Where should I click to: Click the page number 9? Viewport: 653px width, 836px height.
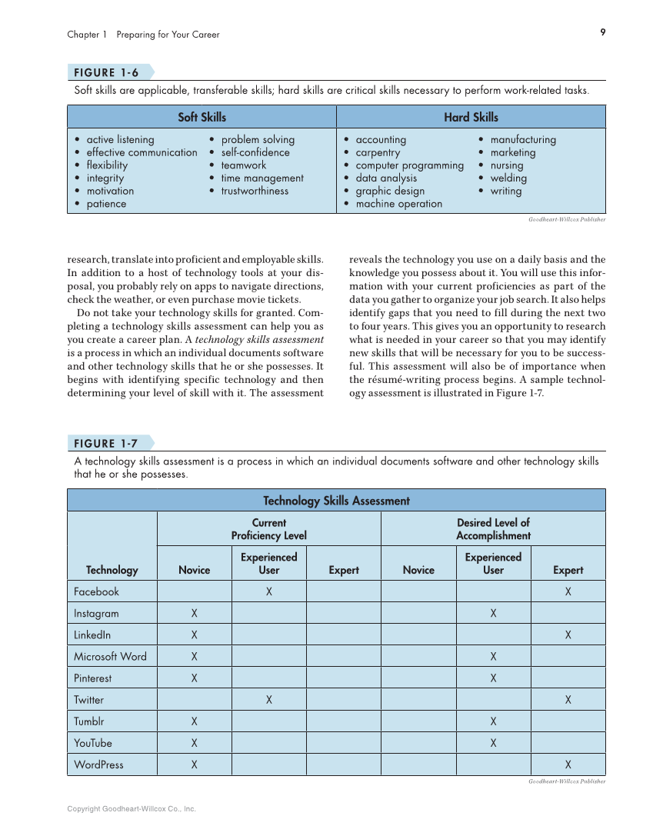(x=603, y=32)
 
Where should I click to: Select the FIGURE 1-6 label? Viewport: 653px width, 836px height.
(x=106, y=73)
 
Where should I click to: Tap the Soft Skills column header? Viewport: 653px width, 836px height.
(x=202, y=117)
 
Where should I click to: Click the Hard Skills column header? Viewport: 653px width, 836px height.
(x=471, y=117)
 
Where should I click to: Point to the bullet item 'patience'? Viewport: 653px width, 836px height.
(x=106, y=204)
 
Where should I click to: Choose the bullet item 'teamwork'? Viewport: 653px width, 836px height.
(x=243, y=165)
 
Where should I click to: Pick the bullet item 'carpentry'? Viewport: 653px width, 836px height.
(x=378, y=152)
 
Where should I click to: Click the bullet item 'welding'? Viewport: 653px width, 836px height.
(x=508, y=178)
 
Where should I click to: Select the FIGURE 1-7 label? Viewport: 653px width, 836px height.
(x=106, y=444)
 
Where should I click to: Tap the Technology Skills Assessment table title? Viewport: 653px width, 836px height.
(x=336, y=501)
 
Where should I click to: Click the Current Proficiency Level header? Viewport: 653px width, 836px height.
(x=268, y=529)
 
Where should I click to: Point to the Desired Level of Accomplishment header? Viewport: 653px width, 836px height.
(x=493, y=529)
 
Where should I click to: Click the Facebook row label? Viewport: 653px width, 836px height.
(x=97, y=591)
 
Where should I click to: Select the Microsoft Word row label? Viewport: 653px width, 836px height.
(x=110, y=657)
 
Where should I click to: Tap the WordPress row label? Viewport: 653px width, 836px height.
(x=98, y=764)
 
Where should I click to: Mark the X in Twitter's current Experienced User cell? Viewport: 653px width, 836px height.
(x=269, y=700)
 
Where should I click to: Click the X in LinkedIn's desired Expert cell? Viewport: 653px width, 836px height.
(x=568, y=635)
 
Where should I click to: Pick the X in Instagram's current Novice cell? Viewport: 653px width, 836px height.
(x=195, y=614)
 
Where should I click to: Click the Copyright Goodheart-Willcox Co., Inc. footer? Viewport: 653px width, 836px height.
(x=132, y=809)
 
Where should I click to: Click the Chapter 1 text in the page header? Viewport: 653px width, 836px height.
(x=83, y=35)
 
